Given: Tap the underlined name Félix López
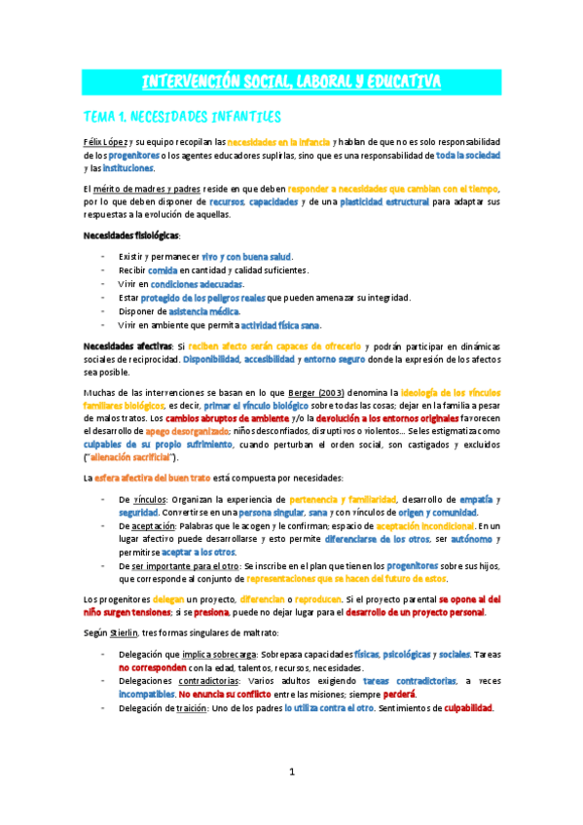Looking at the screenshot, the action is (x=105, y=142).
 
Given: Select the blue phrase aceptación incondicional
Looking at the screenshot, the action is (x=424, y=524).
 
